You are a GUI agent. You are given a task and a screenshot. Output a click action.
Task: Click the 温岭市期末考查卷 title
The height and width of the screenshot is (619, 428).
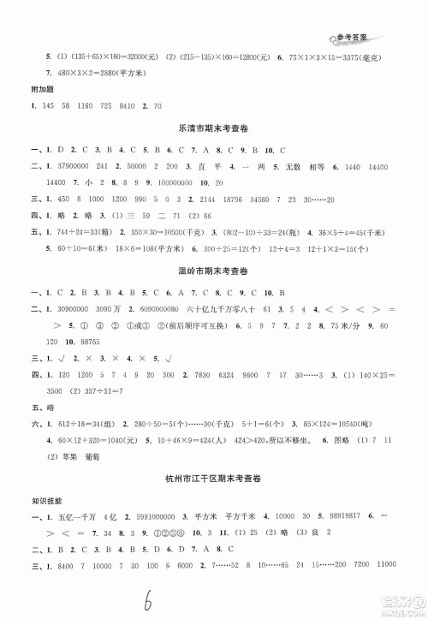214,282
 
